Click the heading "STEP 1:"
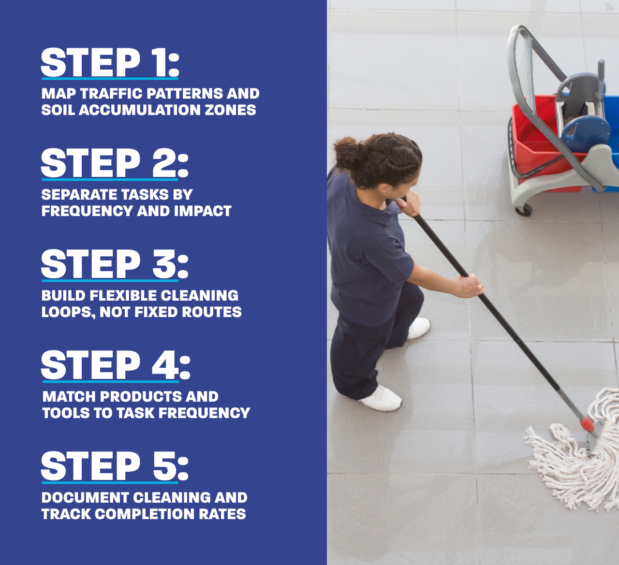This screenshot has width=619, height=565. click(x=110, y=62)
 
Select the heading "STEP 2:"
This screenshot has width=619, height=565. click(x=115, y=163)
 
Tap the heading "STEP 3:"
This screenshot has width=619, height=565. click(x=115, y=264)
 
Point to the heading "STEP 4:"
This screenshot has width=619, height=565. click(x=116, y=365)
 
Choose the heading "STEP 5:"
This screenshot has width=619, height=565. click(x=115, y=466)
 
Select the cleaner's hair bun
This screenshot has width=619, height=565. click(x=346, y=152)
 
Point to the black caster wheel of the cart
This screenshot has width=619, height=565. click(x=524, y=210)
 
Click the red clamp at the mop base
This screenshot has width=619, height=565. click(x=587, y=424)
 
